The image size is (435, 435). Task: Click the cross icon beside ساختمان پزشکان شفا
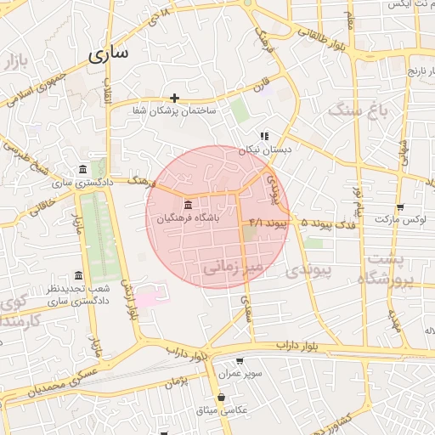pos(174,98)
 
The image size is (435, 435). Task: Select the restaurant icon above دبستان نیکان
pos(264,135)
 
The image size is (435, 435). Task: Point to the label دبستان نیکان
pos(264,149)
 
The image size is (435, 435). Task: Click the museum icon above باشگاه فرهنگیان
pos(187,206)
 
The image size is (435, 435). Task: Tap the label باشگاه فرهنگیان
pos(187,218)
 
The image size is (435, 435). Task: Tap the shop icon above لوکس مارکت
pos(400,206)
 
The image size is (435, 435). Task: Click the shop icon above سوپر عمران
pos(239,361)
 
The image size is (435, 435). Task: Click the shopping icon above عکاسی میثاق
pos(221,396)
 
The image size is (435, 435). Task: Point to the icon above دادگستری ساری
pos(82,168)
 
